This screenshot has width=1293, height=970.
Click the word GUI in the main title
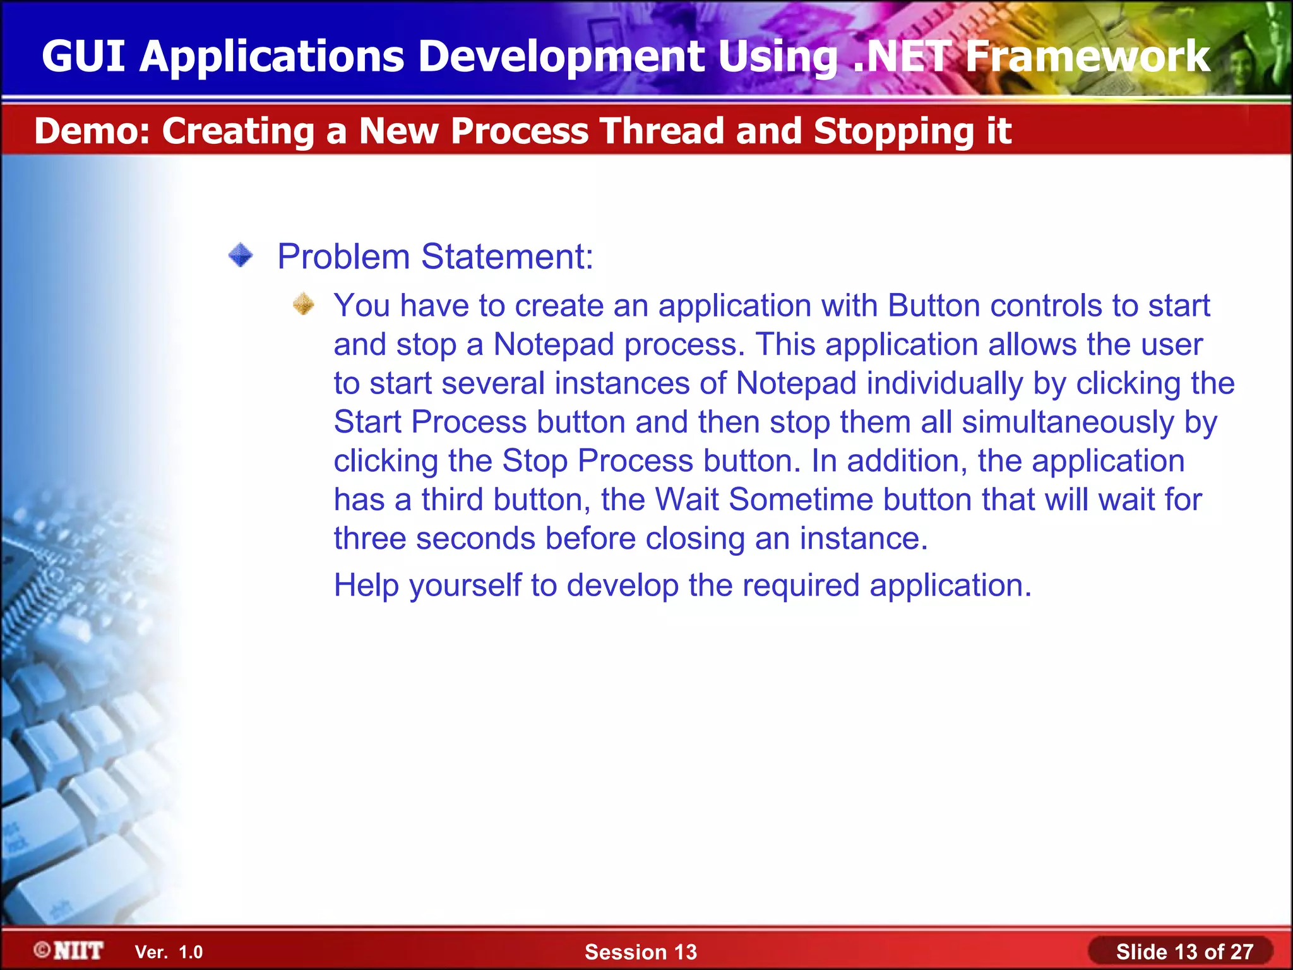click(x=83, y=57)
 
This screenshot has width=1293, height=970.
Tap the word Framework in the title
click(x=1087, y=57)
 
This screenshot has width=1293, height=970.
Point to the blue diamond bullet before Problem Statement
click(x=241, y=256)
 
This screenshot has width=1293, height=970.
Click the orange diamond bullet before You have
click(x=304, y=304)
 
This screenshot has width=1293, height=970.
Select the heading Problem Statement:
click(x=435, y=257)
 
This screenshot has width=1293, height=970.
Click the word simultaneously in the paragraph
click(x=1067, y=422)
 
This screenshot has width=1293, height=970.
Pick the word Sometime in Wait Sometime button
click(x=801, y=500)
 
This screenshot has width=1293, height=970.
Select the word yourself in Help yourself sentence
click(x=465, y=586)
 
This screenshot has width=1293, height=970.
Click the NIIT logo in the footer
click(x=69, y=950)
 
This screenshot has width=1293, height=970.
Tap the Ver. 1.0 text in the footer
click(x=169, y=952)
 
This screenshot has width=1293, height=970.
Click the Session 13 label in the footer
click(x=640, y=952)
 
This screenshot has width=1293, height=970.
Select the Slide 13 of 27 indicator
click(x=1184, y=952)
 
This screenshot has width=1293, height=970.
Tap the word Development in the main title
click(x=561, y=57)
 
